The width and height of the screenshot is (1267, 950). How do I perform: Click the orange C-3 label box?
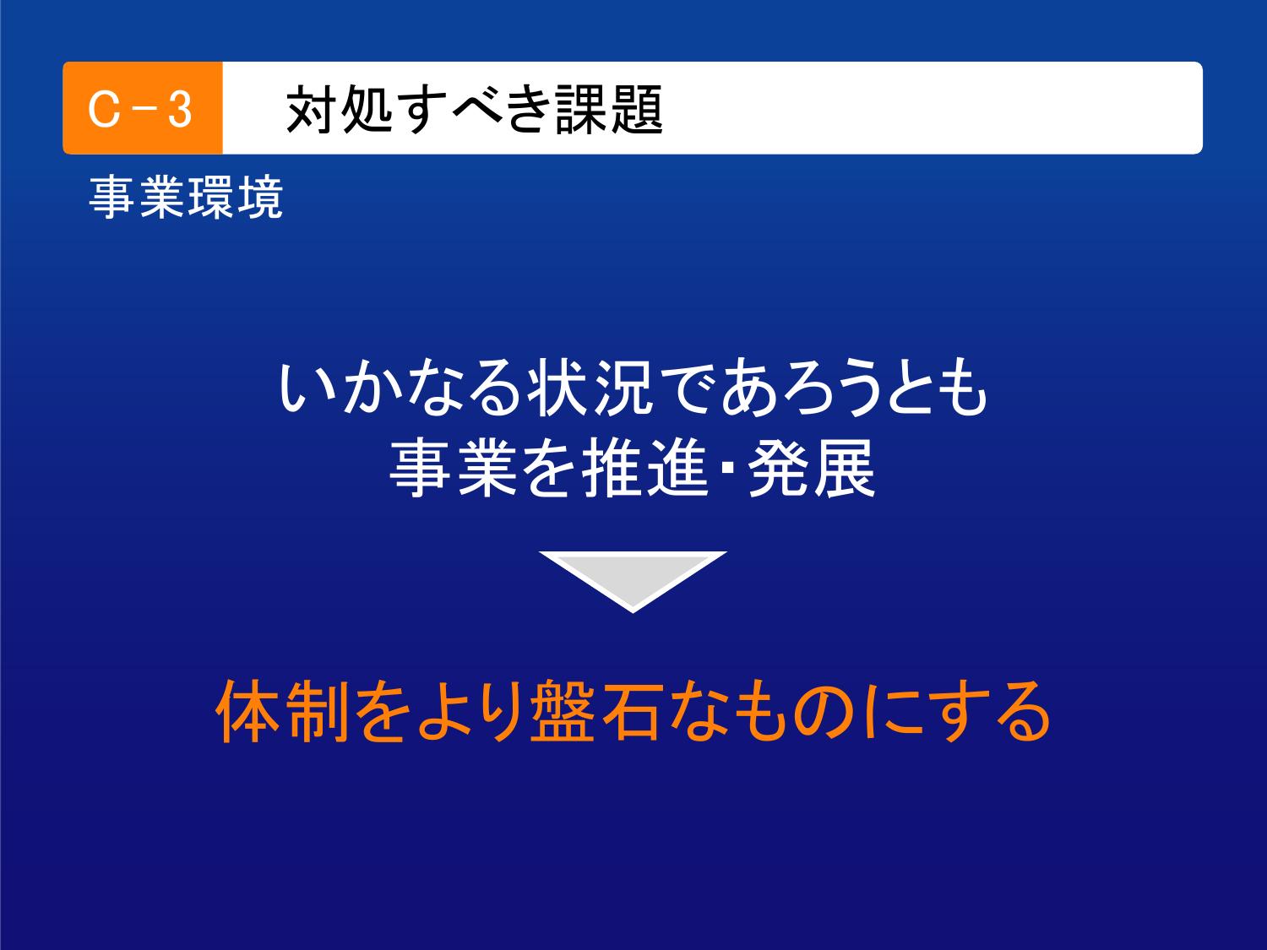(x=143, y=108)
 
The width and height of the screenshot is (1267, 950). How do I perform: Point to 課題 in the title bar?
(x=609, y=110)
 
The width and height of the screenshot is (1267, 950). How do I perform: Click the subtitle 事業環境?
(x=186, y=198)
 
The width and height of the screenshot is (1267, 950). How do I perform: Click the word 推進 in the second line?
(x=644, y=468)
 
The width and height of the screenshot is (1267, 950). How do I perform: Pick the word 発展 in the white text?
(x=813, y=468)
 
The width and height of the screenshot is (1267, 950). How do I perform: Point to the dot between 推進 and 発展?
(x=728, y=469)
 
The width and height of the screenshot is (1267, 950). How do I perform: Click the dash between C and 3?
(x=143, y=110)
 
